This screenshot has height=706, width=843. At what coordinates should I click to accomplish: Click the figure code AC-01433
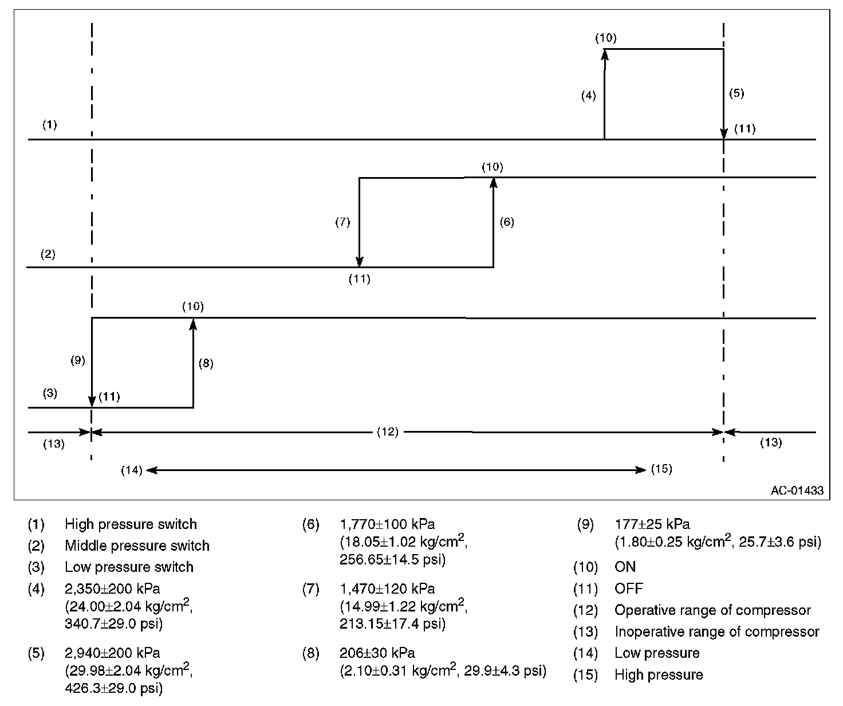797,491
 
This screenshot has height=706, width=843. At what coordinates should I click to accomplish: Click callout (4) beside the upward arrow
589,96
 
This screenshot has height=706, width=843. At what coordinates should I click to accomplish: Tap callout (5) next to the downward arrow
736,93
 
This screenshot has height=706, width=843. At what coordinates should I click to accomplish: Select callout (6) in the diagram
507,222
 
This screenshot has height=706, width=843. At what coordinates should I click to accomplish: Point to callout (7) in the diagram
342,222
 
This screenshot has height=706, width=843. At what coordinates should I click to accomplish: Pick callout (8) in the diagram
206,363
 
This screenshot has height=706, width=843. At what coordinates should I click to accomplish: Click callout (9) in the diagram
78,360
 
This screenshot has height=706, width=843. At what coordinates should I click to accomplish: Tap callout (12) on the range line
388,432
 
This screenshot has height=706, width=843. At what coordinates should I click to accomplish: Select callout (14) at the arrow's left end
132,470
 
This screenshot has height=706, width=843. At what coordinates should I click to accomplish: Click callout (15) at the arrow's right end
661,469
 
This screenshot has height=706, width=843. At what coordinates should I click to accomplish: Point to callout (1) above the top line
50,124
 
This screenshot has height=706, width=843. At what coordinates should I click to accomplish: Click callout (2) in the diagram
48,254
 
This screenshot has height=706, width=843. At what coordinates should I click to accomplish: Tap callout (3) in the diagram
50,394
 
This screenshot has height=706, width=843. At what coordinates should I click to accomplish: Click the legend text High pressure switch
131,524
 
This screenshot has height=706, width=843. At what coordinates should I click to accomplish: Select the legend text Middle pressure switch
137,546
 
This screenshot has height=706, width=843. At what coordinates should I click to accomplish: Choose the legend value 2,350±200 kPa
112,589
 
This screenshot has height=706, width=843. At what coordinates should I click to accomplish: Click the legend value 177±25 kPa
652,524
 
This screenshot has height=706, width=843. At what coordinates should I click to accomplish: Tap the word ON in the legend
625,567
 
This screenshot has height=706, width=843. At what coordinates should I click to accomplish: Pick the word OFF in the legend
628,589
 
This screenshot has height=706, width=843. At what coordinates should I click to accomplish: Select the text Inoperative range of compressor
716,632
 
